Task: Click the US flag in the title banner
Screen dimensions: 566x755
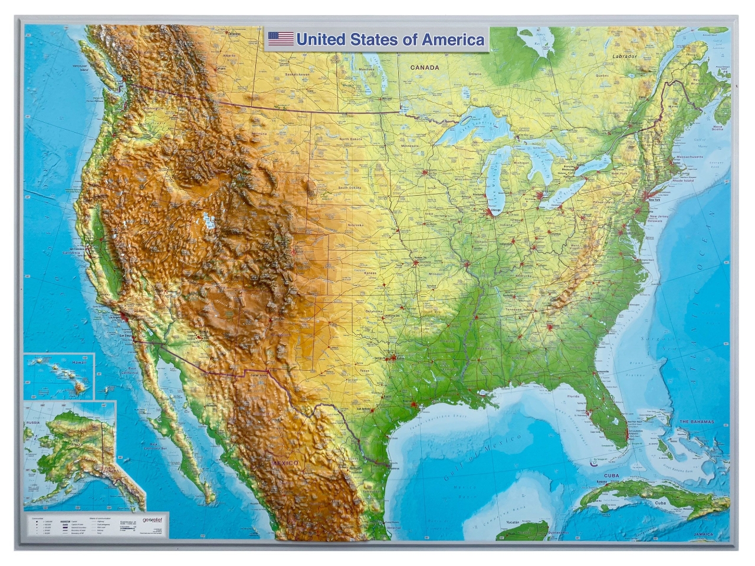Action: coord(281,40)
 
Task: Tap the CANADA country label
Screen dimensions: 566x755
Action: coord(425,68)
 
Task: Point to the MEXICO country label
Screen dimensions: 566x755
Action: coord(285,464)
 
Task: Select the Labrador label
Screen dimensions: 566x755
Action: coord(624,57)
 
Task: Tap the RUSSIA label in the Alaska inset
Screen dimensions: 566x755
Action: coord(32,423)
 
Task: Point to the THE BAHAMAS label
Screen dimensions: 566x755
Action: coord(697,422)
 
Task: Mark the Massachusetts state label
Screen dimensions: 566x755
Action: coord(689,157)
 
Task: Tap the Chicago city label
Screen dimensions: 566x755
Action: coord(495,210)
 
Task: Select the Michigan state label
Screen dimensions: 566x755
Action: coord(521,163)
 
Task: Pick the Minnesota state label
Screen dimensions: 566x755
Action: coord(409,146)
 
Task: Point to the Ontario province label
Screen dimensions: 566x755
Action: coord(475,74)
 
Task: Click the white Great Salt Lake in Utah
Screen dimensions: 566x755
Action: coord(207,220)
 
